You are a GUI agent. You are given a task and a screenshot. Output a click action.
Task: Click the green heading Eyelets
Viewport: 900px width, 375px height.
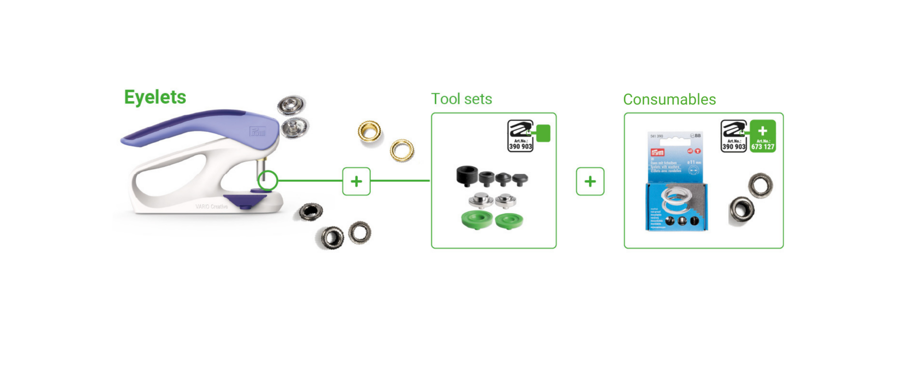155,97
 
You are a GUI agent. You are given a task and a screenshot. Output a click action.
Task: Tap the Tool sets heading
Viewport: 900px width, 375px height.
461,99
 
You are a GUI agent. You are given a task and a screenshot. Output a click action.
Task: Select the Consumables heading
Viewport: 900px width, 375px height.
669,100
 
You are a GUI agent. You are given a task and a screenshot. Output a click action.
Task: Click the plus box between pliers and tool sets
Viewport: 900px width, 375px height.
356,181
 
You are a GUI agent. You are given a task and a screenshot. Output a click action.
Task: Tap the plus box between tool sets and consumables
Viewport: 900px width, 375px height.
590,181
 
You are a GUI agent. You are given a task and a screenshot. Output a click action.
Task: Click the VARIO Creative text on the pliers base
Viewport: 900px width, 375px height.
211,207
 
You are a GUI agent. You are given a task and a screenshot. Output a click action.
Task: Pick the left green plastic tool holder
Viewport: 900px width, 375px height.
476,220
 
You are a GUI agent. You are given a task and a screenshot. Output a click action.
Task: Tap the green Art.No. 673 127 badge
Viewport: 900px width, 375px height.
763,136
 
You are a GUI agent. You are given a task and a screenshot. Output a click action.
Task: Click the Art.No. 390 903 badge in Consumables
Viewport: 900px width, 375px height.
734,136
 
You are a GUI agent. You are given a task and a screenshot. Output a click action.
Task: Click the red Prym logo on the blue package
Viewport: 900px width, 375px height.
657,152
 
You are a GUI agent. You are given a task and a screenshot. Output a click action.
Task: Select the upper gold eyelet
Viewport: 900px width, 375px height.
369,131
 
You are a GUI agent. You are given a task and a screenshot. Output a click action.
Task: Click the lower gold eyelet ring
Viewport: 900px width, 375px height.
402,150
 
